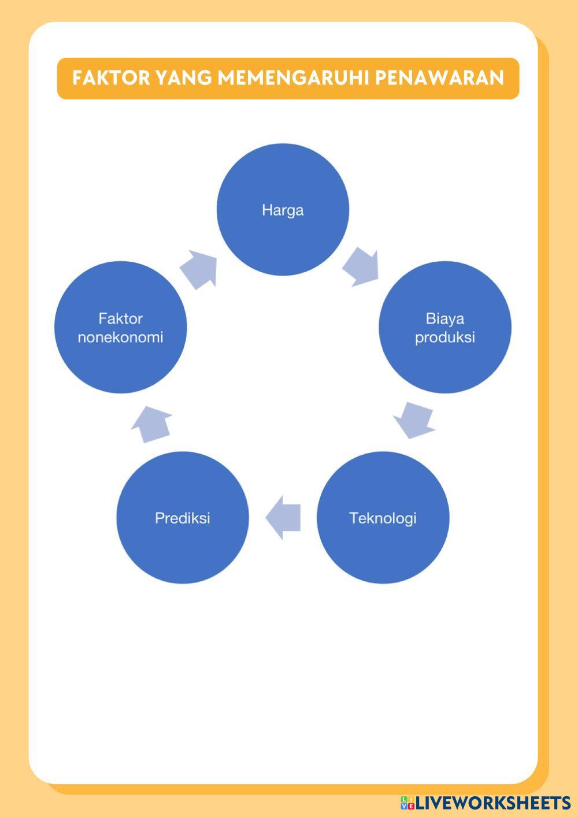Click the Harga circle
click(x=283, y=209)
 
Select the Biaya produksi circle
click(x=444, y=327)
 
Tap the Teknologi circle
click(x=383, y=518)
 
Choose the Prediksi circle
click(x=182, y=518)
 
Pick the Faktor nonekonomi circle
click(x=121, y=327)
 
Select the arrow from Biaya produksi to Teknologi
click(x=414, y=420)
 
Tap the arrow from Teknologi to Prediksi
click(x=284, y=517)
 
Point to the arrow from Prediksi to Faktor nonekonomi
click(x=152, y=424)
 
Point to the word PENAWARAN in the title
click(x=439, y=78)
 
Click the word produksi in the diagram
click(x=444, y=337)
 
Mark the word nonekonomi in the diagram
click(x=121, y=337)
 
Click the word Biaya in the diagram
click(x=444, y=318)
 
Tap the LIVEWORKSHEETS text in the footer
click(x=493, y=803)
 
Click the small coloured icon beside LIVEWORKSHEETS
click(x=407, y=803)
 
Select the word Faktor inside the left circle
click(x=121, y=318)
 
